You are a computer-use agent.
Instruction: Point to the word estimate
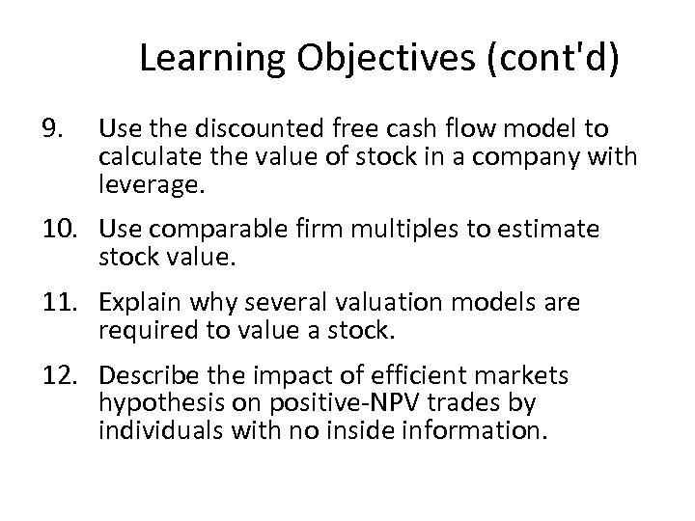pos(544,230)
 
